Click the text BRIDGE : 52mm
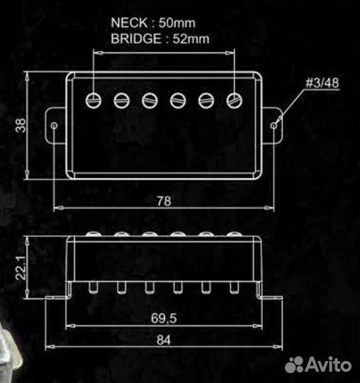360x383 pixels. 160,39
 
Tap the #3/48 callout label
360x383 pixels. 322,84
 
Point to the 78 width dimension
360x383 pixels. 163,201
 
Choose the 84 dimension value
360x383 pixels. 164,340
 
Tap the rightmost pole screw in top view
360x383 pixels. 234,100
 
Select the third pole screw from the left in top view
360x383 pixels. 150,100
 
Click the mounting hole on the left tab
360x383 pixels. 55,125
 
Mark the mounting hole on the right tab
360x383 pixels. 274,125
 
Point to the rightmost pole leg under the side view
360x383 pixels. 234,287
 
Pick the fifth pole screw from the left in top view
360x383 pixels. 206,100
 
